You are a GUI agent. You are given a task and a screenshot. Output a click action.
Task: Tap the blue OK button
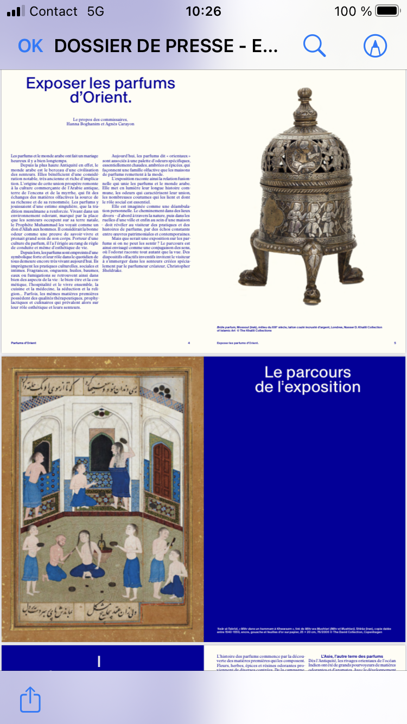click(30, 46)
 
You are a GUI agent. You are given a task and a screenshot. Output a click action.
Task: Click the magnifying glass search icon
click(314, 46)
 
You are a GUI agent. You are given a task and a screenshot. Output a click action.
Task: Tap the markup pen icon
click(375, 46)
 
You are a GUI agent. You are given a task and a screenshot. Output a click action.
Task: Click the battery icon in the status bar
click(387, 11)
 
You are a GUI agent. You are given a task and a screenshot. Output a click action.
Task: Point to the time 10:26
click(203, 11)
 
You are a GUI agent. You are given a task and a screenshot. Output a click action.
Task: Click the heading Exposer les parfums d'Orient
click(101, 91)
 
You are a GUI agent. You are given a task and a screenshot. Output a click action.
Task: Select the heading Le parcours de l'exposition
click(308, 379)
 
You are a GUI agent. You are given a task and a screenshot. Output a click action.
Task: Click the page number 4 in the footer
click(189, 343)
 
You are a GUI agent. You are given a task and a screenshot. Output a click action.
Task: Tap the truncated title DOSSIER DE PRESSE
click(166, 46)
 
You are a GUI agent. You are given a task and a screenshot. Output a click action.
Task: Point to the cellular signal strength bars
click(16, 11)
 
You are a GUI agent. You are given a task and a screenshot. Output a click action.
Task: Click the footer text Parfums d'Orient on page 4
click(23, 343)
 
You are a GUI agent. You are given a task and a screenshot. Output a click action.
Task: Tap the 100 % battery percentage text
click(353, 11)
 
